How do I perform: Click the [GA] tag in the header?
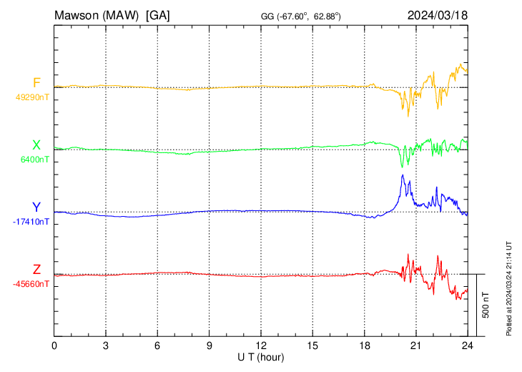click(157, 14)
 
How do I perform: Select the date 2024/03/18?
click(437, 14)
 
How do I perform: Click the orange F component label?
click(36, 82)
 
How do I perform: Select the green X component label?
click(36, 145)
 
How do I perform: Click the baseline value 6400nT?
click(35, 160)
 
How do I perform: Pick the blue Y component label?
click(36, 207)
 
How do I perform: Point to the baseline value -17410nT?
click(31, 222)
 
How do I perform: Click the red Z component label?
click(36, 269)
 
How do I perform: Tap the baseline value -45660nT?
click(31, 284)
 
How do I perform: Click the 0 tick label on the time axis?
click(54, 345)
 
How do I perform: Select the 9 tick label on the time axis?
click(210, 345)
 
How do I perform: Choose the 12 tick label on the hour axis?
click(261, 345)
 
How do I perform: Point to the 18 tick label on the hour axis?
click(364, 345)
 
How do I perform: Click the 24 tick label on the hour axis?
click(467, 345)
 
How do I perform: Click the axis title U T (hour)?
click(261, 356)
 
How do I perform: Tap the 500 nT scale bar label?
click(486, 305)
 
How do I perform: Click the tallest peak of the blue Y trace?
click(403, 175)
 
